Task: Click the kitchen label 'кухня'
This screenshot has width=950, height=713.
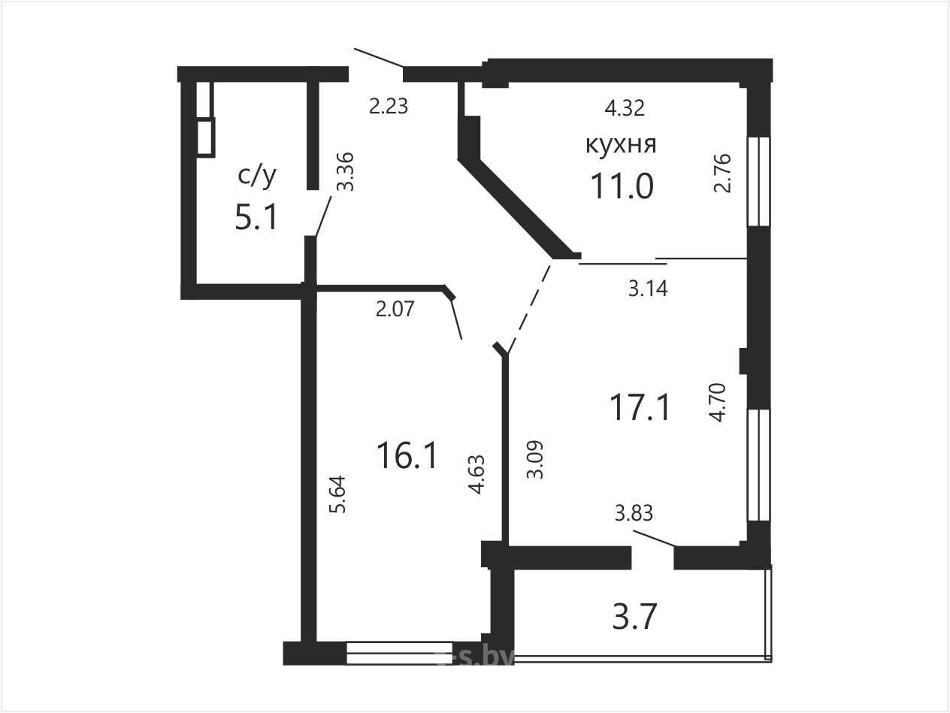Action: (621, 144)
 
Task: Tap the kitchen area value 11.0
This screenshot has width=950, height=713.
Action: (622, 186)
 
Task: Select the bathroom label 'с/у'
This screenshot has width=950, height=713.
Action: (257, 176)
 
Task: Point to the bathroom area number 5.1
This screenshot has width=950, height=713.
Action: (256, 217)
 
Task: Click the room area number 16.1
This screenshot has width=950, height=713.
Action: (407, 455)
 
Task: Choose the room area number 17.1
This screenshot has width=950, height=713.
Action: (640, 407)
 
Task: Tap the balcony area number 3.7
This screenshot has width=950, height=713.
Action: (635, 617)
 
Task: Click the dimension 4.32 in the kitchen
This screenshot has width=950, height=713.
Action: (625, 108)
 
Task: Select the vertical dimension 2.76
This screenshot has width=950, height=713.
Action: (722, 173)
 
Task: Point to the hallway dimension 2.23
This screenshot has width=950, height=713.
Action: (389, 107)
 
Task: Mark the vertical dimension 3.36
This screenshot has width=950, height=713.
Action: (346, 172)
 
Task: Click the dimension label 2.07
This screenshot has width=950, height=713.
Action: (395, 310)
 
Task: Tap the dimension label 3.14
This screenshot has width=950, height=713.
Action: (648, 289)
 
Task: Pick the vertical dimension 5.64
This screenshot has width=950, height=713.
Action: (338, 494)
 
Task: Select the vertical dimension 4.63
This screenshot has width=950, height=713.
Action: (477, 475)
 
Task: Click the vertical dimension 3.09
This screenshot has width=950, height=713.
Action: (534, 460)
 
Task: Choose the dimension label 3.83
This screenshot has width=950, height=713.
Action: (634, 514)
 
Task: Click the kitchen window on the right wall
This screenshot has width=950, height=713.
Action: (759, 181)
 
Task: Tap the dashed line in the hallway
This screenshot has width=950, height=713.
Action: (530, 307)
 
